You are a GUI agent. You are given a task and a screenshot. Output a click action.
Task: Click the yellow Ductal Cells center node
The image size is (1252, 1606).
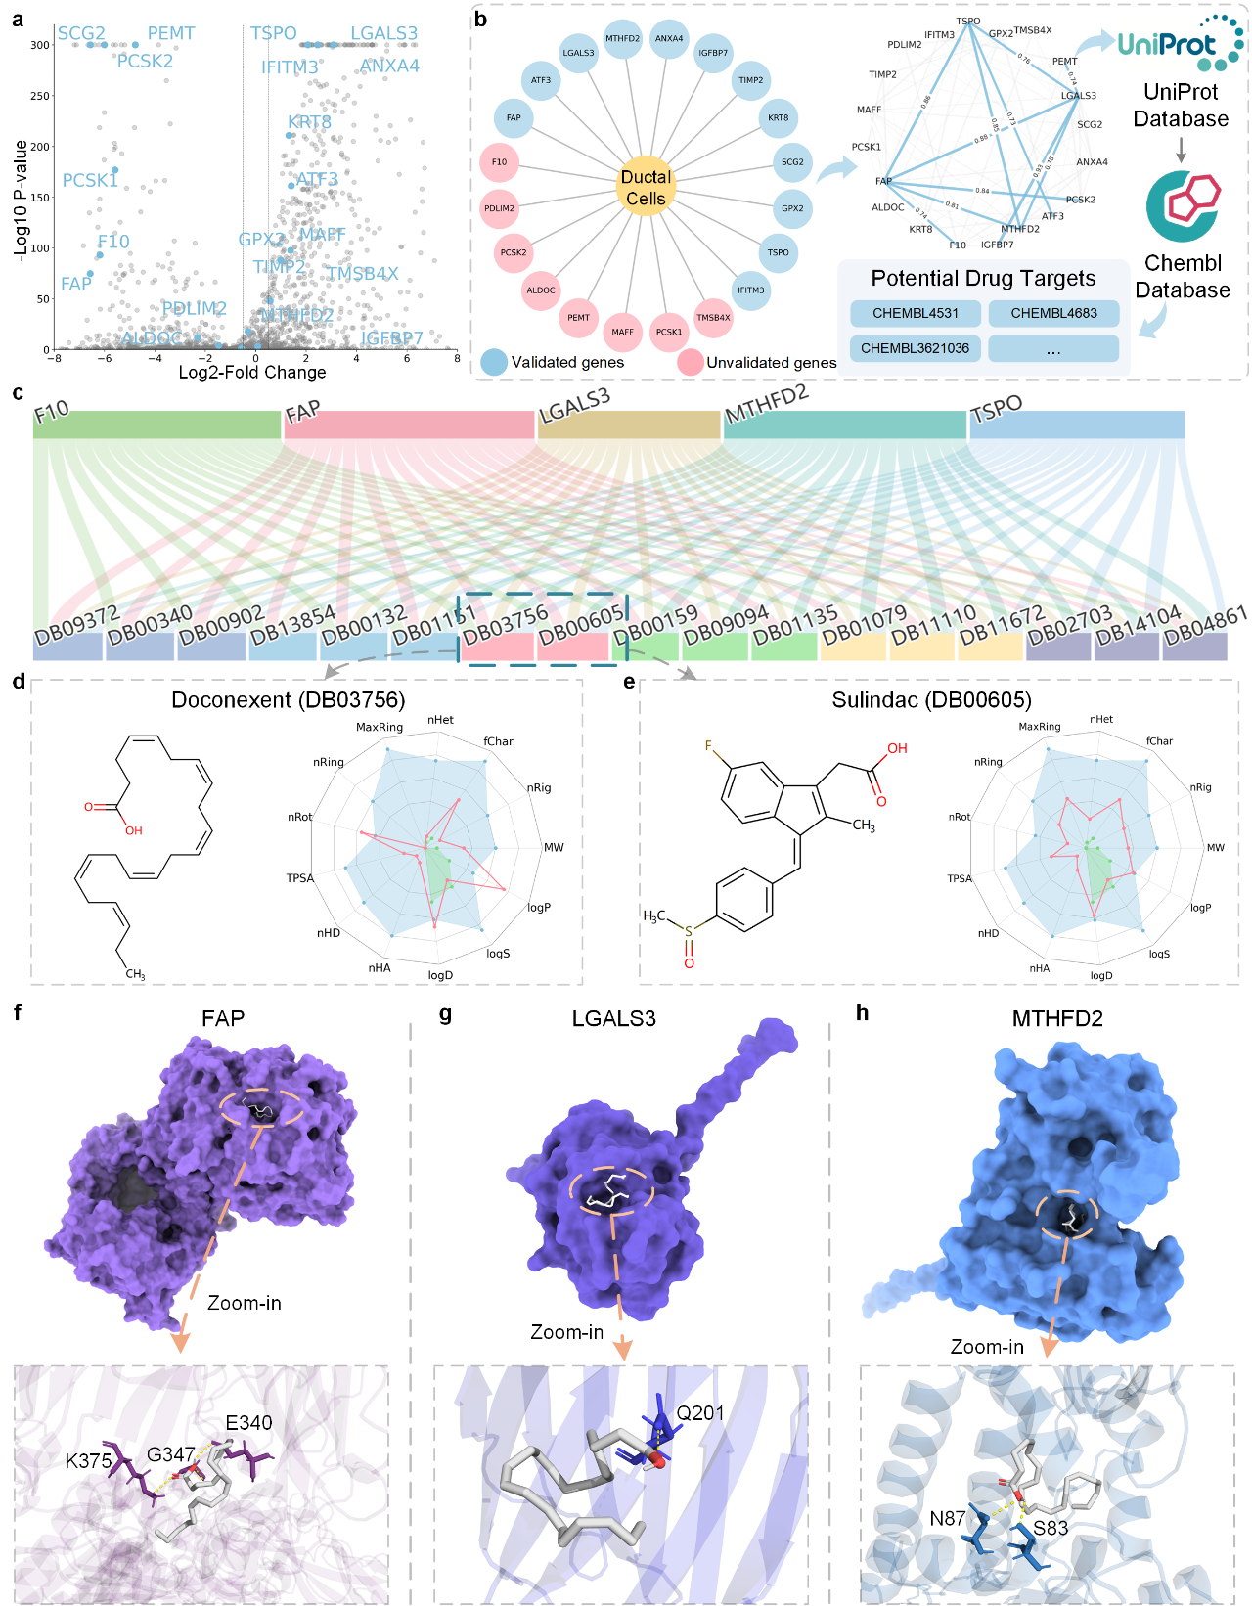(646, 187)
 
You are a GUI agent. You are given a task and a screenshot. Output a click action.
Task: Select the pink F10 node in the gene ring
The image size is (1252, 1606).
(499, 162)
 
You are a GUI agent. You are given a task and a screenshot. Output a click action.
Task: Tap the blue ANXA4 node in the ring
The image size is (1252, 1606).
(669, 39)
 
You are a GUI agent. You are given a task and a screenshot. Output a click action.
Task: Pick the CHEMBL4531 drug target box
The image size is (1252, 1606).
(915, 314)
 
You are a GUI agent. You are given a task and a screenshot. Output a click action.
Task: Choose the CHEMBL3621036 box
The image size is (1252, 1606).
(915, 348)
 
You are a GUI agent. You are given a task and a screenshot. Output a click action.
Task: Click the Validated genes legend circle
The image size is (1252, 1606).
(494, 362)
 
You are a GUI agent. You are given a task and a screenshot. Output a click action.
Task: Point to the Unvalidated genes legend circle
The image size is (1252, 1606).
(691, 362)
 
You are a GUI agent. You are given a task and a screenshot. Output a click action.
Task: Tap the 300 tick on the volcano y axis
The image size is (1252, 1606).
(39, 45)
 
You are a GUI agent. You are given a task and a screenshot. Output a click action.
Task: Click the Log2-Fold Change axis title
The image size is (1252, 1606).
(252, 373)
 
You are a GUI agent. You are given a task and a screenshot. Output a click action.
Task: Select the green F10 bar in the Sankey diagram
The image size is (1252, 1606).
(156, 424)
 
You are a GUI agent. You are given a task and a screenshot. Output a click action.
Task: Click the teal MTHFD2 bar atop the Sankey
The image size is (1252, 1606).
(844, 424)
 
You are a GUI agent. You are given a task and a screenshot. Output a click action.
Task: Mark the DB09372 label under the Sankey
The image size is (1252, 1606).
(76, 626)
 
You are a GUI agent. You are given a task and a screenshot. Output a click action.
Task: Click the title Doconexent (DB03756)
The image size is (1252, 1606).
(288, 700)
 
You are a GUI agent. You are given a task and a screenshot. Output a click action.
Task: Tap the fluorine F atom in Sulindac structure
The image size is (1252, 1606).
(709, 745)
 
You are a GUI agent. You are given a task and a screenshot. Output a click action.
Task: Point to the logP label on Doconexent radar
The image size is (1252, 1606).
(539, 908)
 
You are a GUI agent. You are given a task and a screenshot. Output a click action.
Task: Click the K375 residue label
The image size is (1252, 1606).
(88, 1461)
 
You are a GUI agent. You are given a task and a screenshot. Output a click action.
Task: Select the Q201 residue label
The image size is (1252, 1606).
(700, 1413)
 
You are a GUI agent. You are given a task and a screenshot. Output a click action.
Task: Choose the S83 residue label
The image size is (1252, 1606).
(1051, 1528)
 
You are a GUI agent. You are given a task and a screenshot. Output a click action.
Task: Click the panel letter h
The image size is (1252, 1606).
(862, 1013)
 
